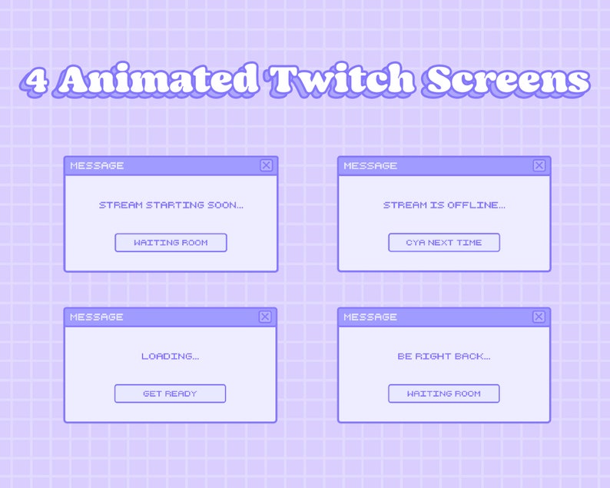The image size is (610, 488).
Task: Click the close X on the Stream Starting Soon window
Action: tap(266, 165)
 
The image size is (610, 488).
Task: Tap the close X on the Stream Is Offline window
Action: tap(539, 165)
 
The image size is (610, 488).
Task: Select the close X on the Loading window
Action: tap(265, 317)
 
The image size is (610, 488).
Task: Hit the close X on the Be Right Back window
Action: tap(539, 317)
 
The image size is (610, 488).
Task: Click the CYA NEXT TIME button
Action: tap(444, 243)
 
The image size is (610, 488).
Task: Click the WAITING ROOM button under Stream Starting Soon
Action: tap(171, 243)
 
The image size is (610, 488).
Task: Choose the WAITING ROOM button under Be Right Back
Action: tap(444, 393)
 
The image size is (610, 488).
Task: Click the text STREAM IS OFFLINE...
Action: tap(444, 205)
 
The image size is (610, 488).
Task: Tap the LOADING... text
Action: tap(170, 357)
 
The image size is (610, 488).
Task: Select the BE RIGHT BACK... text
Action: tap(444, 357)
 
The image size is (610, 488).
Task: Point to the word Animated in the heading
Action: tap(159, 80)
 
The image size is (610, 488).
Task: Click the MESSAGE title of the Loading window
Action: tap(97, 317)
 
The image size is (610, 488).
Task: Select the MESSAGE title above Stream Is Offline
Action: tap(370, 165)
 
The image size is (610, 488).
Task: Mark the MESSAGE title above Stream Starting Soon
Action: tap(97, 165)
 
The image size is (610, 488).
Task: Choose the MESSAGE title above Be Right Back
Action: tap(370, 317)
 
